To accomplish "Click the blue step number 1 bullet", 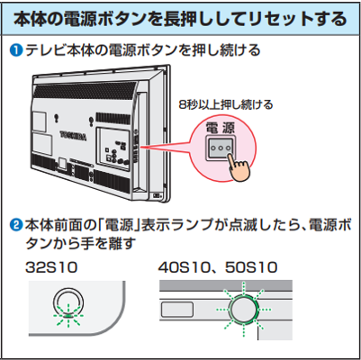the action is tap(17, 50).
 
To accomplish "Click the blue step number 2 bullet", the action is tap(17, 225).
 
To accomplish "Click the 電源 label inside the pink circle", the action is tap(221, 128).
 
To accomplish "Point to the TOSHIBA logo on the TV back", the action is tap(73, 136).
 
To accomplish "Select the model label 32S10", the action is tap(51, 267).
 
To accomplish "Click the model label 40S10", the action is tap(184, 267).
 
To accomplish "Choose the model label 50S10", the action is tap(251, 267).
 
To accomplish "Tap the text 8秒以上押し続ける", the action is tap(226, 105).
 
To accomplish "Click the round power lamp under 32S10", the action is tap(68, 303).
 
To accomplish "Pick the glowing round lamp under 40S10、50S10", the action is tap(243, 309).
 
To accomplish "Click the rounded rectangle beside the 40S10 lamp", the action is tap(177, 310).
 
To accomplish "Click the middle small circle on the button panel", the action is tap(221, 148).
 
